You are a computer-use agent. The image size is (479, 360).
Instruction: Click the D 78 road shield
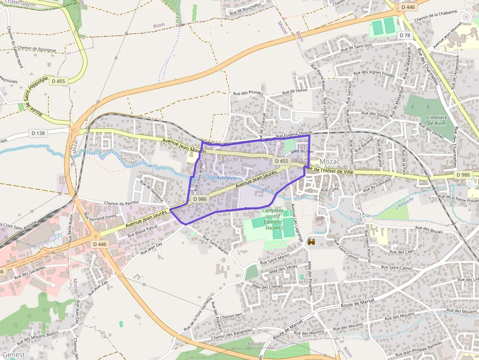pos(404,35)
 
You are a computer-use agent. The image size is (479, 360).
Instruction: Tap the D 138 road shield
pos(38,133)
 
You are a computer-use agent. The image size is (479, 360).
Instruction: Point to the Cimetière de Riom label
pos(436,120)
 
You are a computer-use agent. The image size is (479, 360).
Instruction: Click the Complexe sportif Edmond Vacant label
pos(273,219)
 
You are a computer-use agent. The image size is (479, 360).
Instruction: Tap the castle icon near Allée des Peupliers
pos(311,241)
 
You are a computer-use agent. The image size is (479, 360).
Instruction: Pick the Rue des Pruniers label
pos(248,93)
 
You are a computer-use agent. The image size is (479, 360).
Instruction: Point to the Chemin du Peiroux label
pos(122,202)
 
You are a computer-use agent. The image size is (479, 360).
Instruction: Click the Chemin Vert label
pos(231,316)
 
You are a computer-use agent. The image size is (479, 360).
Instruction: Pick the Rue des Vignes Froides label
pos(374,74)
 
